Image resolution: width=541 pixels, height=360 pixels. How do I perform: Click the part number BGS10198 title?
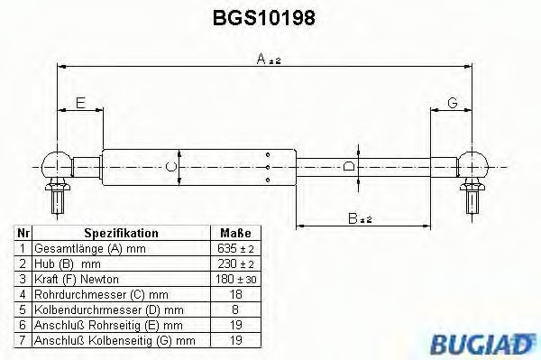click(264, 18)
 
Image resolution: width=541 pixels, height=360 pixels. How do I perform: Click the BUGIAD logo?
click(482, 344)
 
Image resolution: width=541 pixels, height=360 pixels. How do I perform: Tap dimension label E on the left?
click(80, 103)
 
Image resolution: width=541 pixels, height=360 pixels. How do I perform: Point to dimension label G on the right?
click(453, 103)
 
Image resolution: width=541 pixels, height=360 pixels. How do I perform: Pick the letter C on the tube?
click(170, 167)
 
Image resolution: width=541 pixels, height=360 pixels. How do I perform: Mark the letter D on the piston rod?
click(349, 167)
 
